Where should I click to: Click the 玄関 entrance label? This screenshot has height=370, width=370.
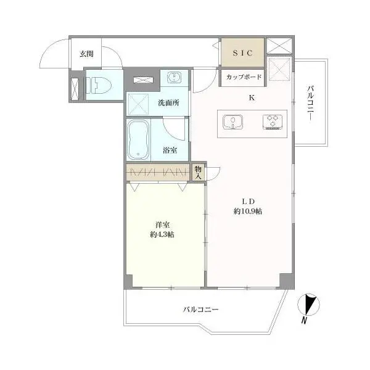click(86, 53)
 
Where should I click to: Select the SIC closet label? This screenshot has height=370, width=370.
click(242, 53)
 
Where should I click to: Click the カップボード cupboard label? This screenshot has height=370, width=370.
click(244, 78)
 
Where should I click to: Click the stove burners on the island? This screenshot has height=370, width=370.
click(271, 121)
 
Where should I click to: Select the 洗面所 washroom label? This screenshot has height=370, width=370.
click(168, 103)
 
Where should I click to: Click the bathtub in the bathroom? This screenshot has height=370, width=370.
click(138, 139)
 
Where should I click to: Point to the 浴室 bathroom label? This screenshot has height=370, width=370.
click(170, 149)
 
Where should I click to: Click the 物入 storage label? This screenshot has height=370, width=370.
click(198, 172)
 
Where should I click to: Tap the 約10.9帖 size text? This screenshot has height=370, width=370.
click(248, 211)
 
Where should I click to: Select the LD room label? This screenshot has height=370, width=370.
click(248, 200)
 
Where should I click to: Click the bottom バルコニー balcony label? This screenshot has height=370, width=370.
click(200, 310)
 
